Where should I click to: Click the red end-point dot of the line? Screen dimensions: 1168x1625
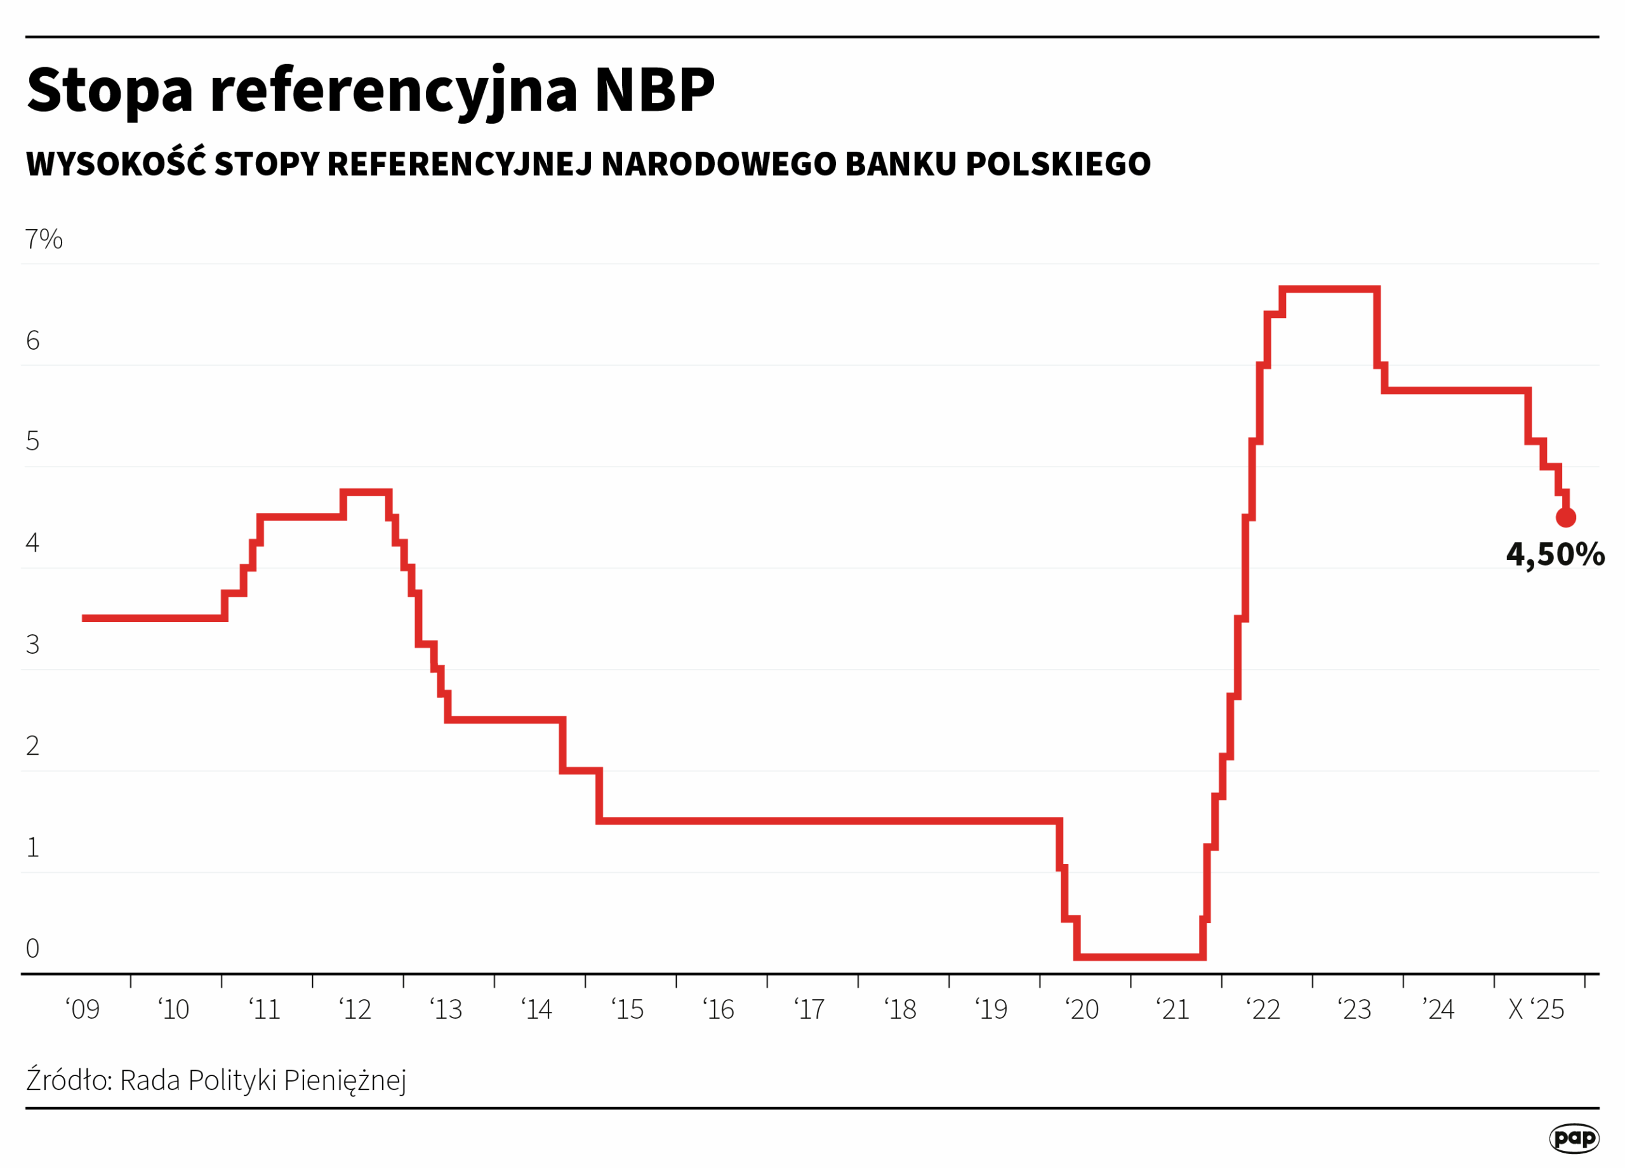[x=1565, y=517]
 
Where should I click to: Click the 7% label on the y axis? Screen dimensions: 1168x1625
[x=44, y=239]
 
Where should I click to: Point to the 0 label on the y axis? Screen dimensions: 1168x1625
[x=32, y=948]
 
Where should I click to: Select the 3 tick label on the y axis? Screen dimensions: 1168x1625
[x=32, y=644]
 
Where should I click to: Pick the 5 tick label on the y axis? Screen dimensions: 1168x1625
[x=32, y=441]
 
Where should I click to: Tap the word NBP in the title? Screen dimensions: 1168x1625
[x=654, y=90]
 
